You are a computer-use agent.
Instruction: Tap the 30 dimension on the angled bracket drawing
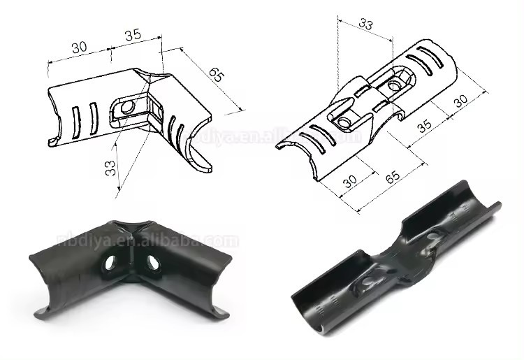(x=79, y=47)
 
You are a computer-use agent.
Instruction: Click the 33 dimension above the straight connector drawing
(x=364, y=23)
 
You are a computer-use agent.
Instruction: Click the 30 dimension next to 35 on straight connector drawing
(x=460, y=101)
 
